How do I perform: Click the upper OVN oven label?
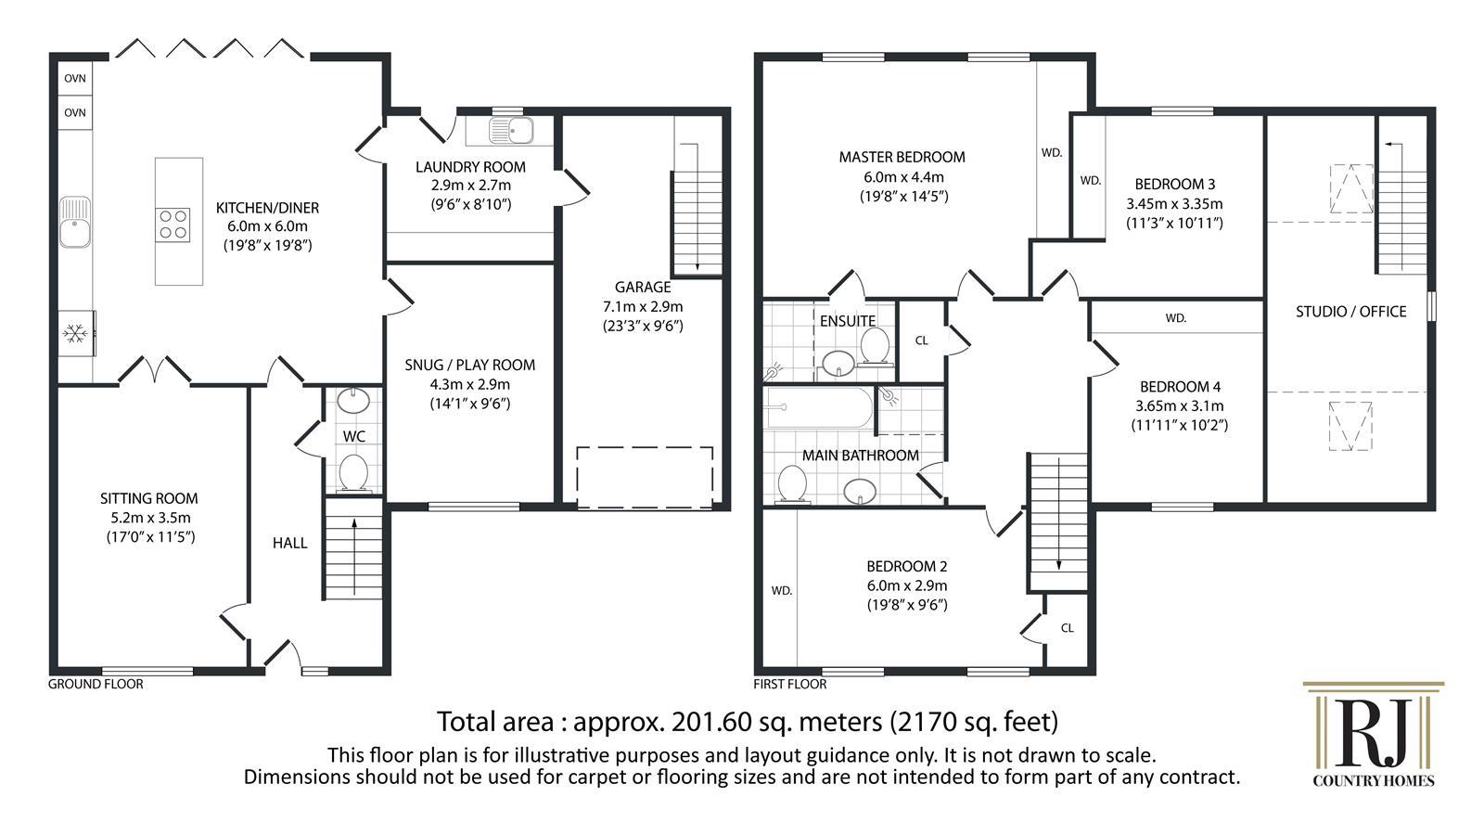[x=75, y=78]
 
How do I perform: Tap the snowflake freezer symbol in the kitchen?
[x=75, y=333]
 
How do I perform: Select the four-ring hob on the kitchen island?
[x=173, y=225]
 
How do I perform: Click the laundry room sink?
[x=511, y=131]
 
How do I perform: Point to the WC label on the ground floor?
[x=353, y=437]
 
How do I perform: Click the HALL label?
[x=289, y=544]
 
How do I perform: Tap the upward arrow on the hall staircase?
[x=354, y=556]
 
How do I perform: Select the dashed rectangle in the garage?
[x=645, y=478]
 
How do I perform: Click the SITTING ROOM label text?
[x=149, y=498]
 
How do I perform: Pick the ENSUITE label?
[x=848, y=321]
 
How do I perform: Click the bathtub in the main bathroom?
[x=820, y=407]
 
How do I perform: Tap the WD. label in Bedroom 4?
[x=1176, y=318]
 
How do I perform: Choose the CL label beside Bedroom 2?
[x=1067, y=627]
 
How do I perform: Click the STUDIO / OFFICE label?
[x=1350, y=312]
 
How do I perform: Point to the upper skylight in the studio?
[x=1350, y=189]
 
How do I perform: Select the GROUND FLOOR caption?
[x=96, y=684]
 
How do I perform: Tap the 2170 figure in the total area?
[x=917, y=722]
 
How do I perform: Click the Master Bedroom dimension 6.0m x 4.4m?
[x=903, y=177]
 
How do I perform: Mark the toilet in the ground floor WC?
[x=353, y=473]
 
